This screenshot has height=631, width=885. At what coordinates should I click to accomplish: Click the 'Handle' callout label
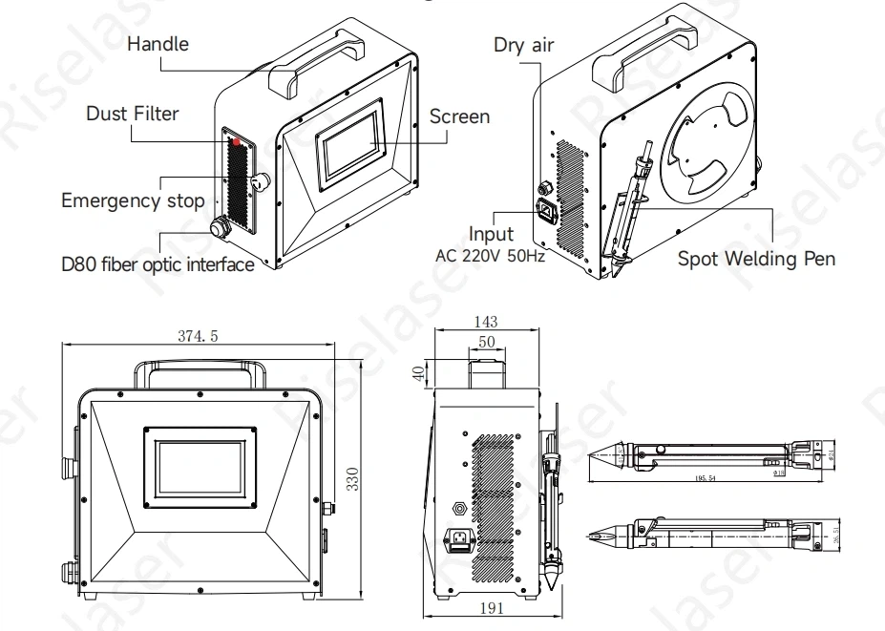158,44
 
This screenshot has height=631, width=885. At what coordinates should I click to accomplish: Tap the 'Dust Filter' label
133,114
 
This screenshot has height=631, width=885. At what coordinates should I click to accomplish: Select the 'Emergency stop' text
133,200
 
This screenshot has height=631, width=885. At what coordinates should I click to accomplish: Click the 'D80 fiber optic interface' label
158,264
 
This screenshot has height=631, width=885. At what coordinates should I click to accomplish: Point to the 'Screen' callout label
459,116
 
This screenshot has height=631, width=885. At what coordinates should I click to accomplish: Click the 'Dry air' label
524,45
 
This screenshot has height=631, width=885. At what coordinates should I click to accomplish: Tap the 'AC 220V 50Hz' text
490,257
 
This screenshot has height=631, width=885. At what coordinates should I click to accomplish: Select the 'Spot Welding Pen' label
756,258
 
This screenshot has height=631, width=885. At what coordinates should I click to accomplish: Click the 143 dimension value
487,322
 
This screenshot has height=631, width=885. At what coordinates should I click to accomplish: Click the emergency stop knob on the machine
260,181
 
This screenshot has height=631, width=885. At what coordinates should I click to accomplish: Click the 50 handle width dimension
487,341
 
